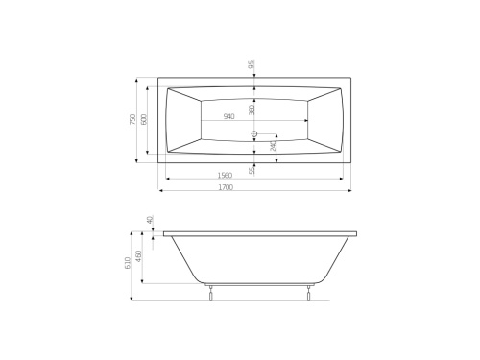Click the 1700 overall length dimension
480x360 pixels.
tap(226, 187)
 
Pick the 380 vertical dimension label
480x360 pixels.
tap(252, 109)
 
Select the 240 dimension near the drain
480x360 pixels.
tap(274, 146)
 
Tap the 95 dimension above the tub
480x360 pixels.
tap(252, 65)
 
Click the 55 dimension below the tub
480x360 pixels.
tap(252, 170)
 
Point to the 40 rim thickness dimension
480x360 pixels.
tap(150, 220)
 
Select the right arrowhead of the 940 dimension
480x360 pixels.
tap(307, 121)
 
